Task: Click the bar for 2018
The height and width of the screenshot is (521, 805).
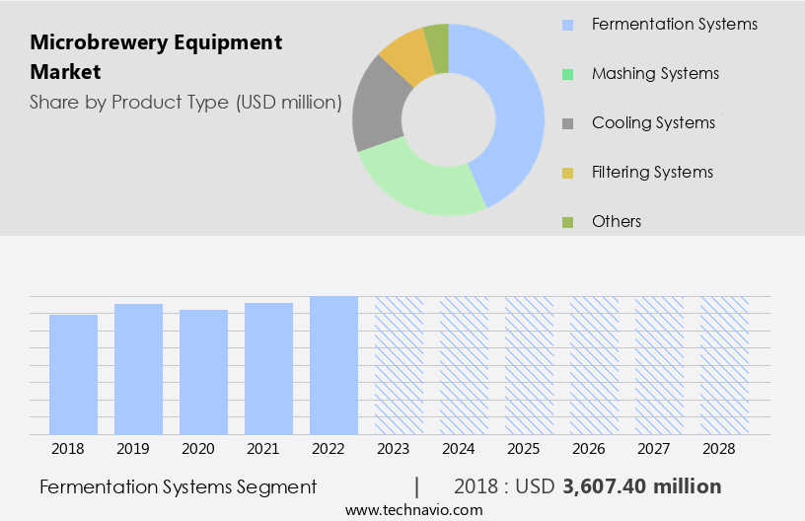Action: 73,374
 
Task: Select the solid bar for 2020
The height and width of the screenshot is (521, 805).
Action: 203,372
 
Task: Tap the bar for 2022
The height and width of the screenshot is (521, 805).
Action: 333,365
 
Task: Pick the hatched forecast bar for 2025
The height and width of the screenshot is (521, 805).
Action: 529,365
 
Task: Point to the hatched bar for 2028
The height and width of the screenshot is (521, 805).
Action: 724,365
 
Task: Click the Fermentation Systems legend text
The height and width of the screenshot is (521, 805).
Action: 675,24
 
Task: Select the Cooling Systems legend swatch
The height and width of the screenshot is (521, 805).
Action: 567,123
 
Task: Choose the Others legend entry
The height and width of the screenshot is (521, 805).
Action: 616,221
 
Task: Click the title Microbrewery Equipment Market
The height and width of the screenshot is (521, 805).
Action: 156,57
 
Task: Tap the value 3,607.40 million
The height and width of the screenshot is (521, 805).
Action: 641,486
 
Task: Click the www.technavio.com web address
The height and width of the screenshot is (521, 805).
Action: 414,509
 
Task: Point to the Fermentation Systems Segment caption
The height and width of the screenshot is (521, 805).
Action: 179,486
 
